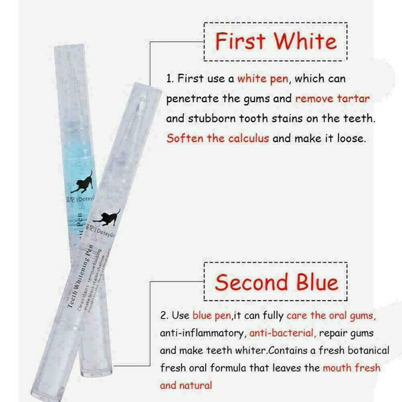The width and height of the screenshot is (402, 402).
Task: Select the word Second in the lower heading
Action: click(x=252, y=282)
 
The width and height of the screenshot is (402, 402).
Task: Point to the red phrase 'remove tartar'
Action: click(x=332, y=98)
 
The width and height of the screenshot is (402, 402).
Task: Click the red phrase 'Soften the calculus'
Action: click(x=218, y=138)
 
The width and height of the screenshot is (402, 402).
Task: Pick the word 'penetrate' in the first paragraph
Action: click(x=192, y=98)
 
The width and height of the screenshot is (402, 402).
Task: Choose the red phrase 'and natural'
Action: click(x=186, y=385)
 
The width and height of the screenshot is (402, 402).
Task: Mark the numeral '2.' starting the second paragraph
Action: click(x=164, y=316)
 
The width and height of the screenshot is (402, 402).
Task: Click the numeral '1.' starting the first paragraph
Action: click(x=170, y=79)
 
